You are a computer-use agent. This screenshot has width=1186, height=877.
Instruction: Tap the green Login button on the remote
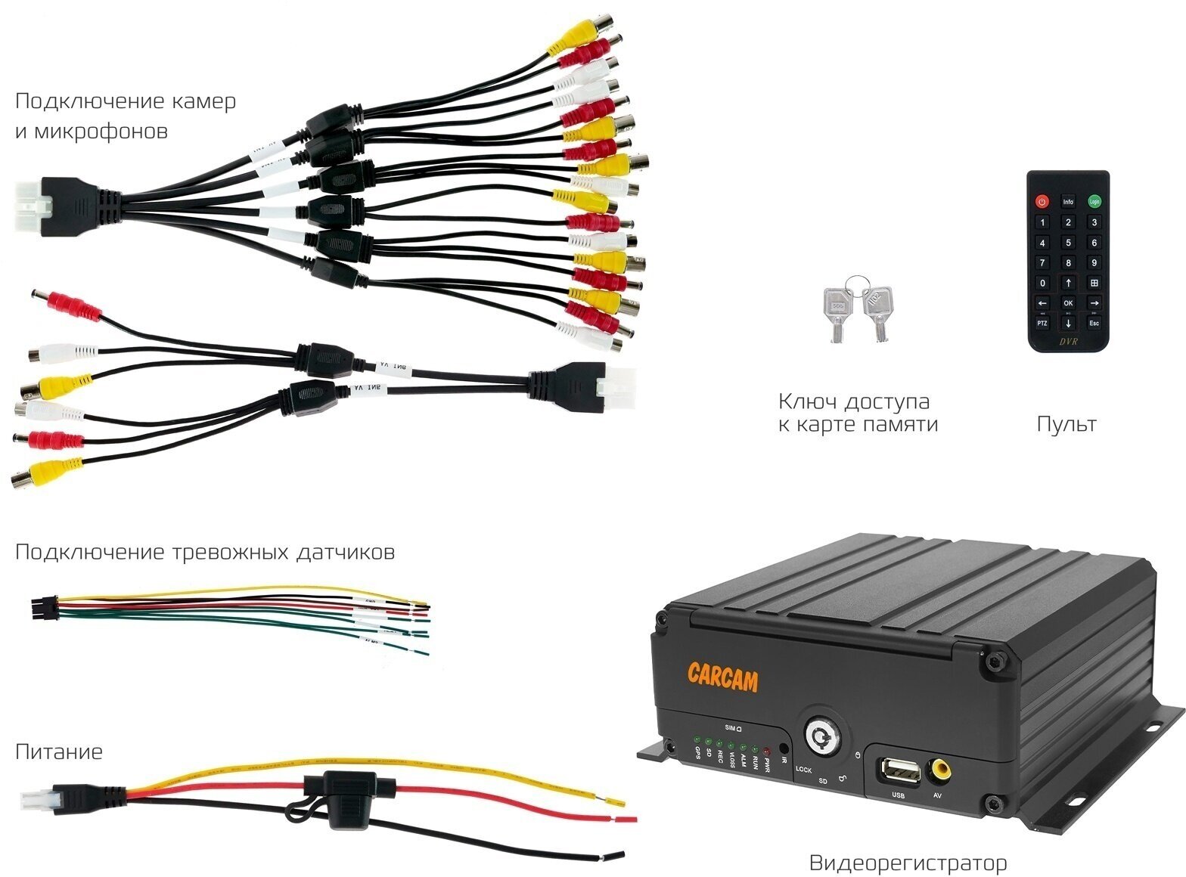tap(1094, 202)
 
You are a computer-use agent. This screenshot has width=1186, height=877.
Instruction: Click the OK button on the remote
tap(1068, 302)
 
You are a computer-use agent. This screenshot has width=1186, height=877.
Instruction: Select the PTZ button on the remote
tap(1042, 323)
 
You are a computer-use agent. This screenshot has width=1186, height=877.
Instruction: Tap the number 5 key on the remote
tap(1068, 243)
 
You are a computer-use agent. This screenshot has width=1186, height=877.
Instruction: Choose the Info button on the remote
tap(1068, 202)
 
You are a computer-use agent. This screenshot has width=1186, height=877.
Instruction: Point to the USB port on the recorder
tap(899, 772)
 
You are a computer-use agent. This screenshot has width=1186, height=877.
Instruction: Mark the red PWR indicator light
tap(766, 751)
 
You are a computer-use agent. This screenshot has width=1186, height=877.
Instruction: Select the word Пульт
tap(1066, 424)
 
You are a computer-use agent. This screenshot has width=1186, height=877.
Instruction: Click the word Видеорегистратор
tap(908, 863)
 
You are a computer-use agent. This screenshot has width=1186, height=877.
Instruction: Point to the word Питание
tap(58, 752)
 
